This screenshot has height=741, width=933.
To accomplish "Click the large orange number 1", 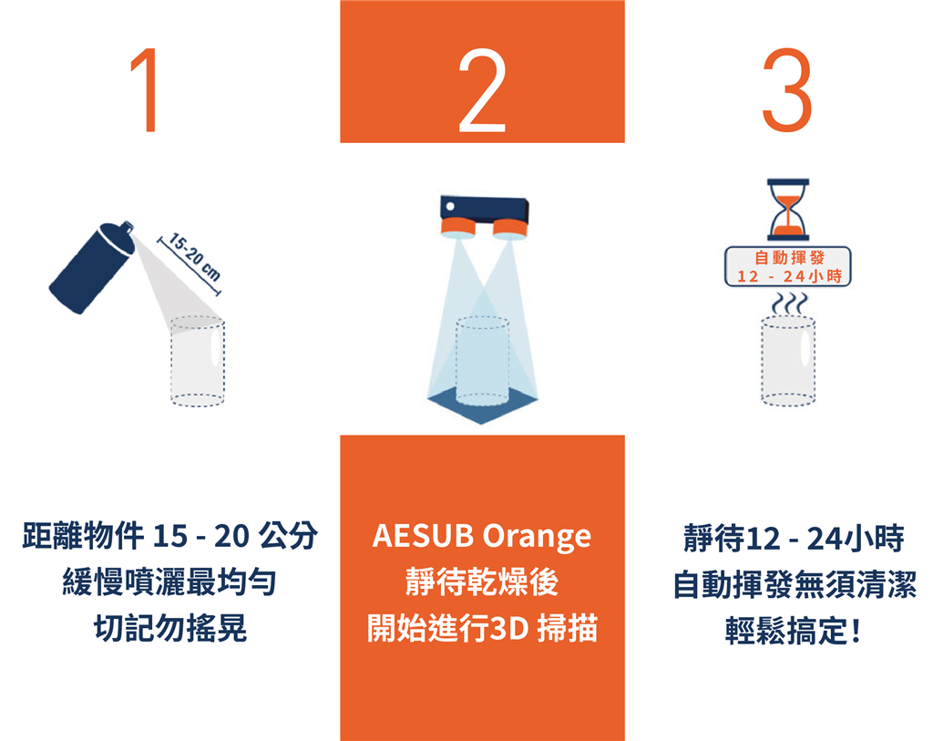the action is [x=145, y=89].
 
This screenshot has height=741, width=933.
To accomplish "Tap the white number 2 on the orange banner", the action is [x=482, y=89].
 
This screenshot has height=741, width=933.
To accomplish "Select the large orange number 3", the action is [x=787, y=89].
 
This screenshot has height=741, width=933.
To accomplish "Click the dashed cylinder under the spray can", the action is [x=198, y=361].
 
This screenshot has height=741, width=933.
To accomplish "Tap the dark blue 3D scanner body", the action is [x=484, y=209].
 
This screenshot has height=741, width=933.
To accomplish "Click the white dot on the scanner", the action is [x=450, y=207].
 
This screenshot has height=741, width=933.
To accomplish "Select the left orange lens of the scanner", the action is [x=458, y=227].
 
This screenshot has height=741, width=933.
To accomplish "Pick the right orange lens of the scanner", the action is [x=510, y=230].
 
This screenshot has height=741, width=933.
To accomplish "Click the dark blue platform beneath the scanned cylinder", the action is [x=482, y=406].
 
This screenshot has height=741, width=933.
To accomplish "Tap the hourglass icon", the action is [x=788, y=210].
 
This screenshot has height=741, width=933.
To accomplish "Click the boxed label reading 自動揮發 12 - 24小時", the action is [x=788, y=267].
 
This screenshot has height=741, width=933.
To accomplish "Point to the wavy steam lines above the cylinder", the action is [x=790, y=304].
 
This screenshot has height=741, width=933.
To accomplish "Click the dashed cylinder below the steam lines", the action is [x=788, y=361].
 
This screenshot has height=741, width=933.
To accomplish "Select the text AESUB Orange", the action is [x=482, y=536].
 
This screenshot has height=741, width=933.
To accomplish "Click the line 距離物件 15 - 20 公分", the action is [x=170, y=535].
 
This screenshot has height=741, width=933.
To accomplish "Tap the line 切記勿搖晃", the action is [x=170, y=628].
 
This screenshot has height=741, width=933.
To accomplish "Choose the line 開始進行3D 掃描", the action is [x=482, y=628].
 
